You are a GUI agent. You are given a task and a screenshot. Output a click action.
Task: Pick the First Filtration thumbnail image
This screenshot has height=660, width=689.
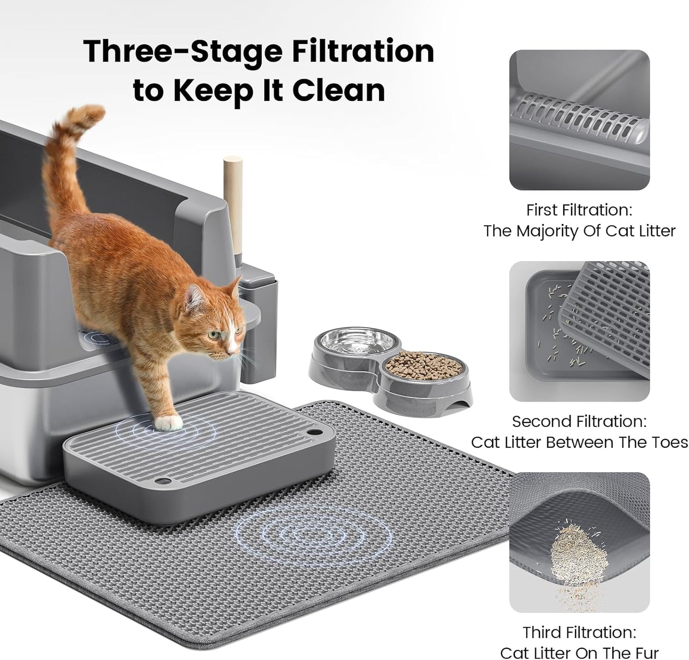pyautogui.click(x=579, y=120)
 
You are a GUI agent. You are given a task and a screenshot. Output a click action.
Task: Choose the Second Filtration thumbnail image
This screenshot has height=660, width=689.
pyautogui.click(x=579, y=331)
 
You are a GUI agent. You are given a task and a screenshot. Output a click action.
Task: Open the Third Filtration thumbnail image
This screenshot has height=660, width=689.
pyautogui.click(x=579, y=542)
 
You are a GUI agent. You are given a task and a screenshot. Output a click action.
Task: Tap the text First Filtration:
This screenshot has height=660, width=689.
pyautogui.click(x=579, y=210)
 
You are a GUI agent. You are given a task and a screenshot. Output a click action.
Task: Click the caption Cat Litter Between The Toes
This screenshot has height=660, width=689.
pyautogui.click(x=579, y=442)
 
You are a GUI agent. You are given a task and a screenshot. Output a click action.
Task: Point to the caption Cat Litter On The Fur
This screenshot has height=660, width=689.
pyautogui.click(x=579, y=653)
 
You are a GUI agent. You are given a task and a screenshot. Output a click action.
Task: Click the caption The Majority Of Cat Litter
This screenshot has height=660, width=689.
pyautogui.click(x=579, y=231)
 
